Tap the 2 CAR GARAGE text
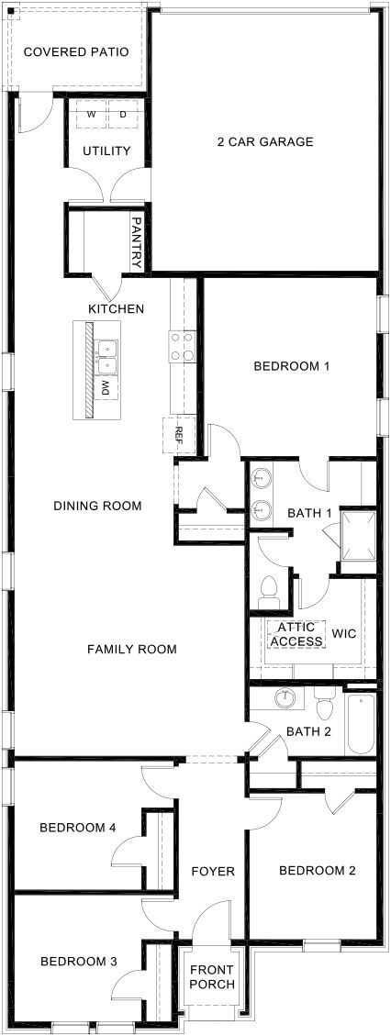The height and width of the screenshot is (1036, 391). click(265, 141)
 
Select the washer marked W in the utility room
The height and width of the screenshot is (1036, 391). click(92, 115)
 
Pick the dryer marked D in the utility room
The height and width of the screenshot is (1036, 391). click(123, 115)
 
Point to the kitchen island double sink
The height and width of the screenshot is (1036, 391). click(107, 353)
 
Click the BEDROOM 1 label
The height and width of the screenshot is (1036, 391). click(291, 366)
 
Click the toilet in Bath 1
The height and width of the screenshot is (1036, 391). click(270, 592)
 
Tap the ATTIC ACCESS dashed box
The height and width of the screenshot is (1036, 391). click(296, 633)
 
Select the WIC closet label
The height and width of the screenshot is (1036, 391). click(344, 633)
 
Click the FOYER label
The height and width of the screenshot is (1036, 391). click(212, 871)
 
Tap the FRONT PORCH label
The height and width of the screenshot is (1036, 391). click(212, 977)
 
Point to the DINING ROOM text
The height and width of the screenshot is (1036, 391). click(97, 505)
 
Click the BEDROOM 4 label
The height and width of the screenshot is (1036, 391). click(78, 827)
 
